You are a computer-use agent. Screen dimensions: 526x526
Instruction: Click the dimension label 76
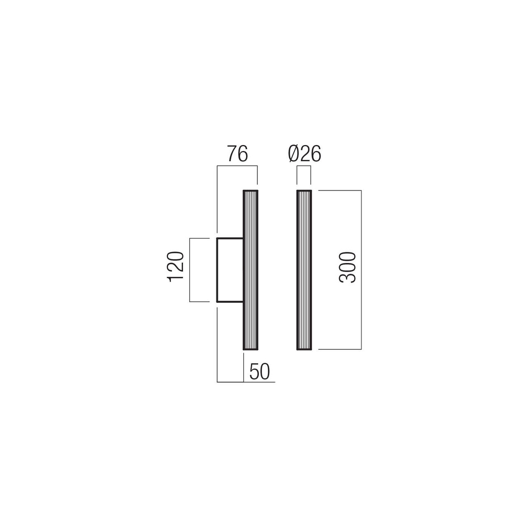[238, 154]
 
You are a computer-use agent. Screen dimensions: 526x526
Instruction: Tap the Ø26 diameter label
[305, 154]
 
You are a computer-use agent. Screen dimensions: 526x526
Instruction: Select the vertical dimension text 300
[347, 267]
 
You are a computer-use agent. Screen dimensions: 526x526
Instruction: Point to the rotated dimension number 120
[175, 267]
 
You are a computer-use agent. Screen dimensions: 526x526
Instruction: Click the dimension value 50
[260, 372]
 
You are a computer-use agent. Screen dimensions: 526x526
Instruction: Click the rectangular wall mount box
[230, 270]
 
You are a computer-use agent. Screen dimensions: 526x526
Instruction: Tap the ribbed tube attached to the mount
[250, 270]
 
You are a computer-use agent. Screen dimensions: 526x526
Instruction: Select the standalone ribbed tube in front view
[304, 270]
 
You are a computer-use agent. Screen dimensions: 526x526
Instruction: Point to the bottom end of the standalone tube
[304, 349]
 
